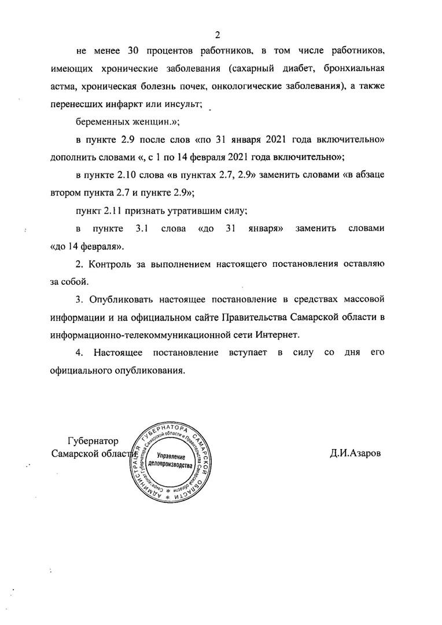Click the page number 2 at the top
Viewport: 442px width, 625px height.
(218, 33)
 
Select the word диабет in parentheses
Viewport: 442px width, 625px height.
(288, 69)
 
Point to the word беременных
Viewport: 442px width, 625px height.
(100, 122)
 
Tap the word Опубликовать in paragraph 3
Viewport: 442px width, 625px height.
(120, 300)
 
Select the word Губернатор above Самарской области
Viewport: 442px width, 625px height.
(93, 441)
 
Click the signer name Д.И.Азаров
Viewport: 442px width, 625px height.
(356, 454)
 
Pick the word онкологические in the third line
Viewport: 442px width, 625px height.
(245, 86)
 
